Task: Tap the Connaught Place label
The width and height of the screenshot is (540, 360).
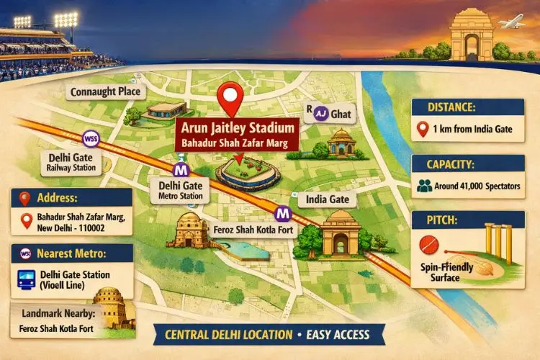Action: pos(106,91)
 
